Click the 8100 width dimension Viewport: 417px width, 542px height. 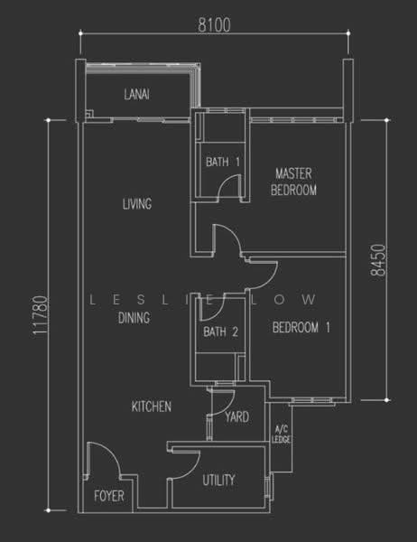click(x=214, y=25)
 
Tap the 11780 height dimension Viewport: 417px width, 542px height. click(x=40, y=315)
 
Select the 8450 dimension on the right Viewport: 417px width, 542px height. click(x=377, y=260)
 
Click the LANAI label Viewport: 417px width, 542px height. click(x=137, y=94)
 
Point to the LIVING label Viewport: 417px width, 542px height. click(x=137, y=203)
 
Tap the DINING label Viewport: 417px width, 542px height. click(x=134, y=317)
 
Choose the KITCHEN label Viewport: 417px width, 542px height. click(x=152, y=406)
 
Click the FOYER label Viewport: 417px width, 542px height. click(x=109, y=496)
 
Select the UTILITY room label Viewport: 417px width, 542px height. click(x=218, y=480)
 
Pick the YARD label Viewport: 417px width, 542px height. click(x=237, y=416)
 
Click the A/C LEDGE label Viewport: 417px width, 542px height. click(x=282, y=435)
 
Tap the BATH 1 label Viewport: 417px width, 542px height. click(x=223, y=162)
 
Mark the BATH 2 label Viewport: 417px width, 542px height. click(x=221, y=332)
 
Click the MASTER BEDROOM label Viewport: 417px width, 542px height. click(x=293, y=182)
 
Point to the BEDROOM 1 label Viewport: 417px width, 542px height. click(x=301, y=327)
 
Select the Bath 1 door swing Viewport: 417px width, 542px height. click(x=231, y=181)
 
